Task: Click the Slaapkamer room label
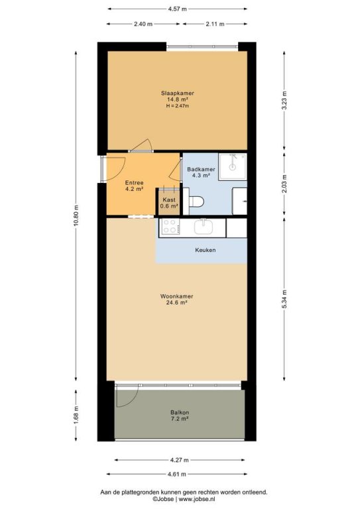(x=178, y=93)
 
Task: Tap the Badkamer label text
(x=201, y=169)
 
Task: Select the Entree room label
(x=134, y=183)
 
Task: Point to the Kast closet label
(x=169, y=199)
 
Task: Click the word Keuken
(x=205, y=250)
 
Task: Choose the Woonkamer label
(x=176, y=296)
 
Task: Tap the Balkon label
(x=180, y=412)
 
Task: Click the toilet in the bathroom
(x=196, y=201)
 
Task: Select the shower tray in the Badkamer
(x=233, y=167)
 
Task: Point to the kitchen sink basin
(x=204, y=227)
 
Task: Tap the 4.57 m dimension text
(x=177, y=9)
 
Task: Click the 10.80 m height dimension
(x=76, y=216)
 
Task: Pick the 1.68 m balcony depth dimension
(x=76, y=415)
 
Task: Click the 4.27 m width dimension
(x=179, y=460)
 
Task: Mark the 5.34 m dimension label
(x=284, y=299)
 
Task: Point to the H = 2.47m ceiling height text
(x=178, y=106)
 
